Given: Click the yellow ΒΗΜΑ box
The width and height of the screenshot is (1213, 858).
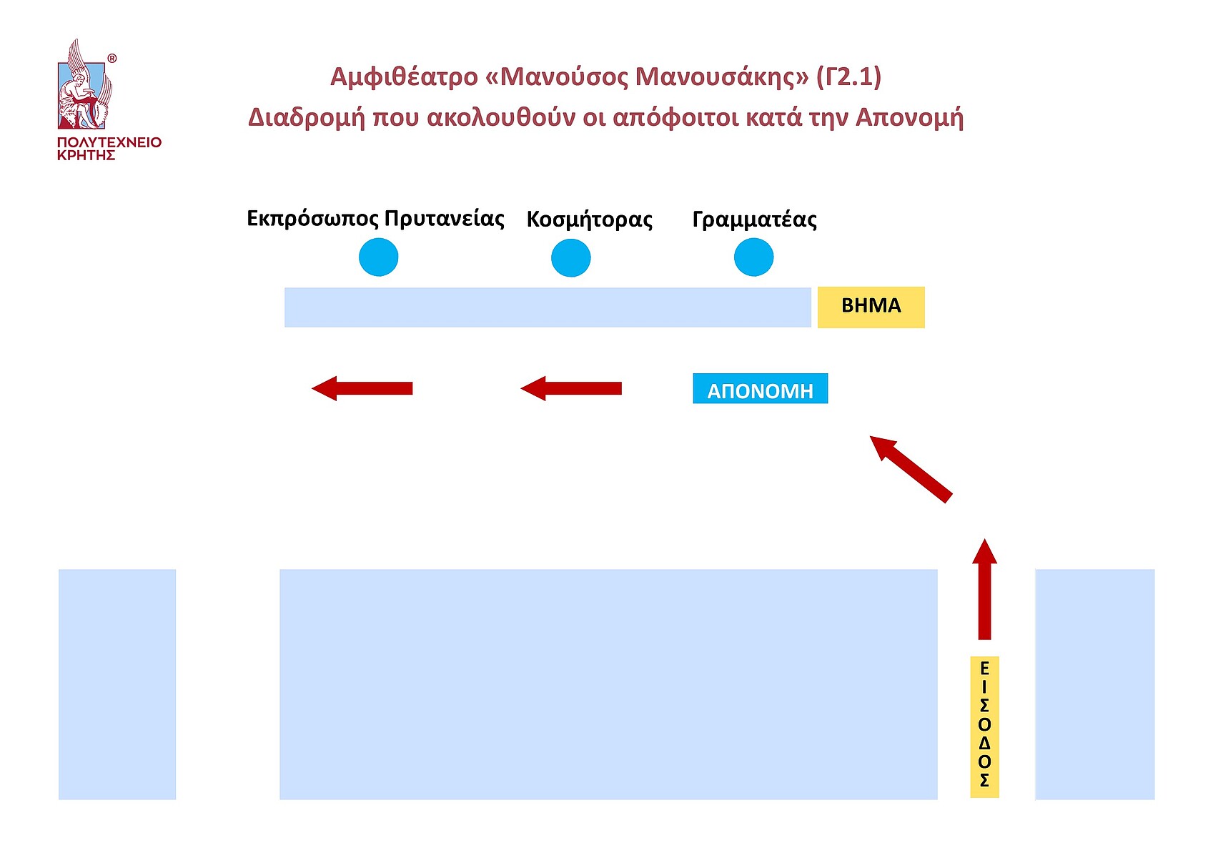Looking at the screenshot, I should (x=871, y=307).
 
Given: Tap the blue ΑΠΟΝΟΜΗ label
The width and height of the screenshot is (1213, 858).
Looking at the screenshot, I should (x=760, y=390).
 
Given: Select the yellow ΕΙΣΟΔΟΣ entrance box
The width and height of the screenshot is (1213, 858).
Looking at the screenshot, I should (x=984, y=726).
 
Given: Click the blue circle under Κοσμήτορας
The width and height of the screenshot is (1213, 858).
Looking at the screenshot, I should (x=570, y=257).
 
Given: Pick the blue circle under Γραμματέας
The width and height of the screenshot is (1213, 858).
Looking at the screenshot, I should (x=753, y=257).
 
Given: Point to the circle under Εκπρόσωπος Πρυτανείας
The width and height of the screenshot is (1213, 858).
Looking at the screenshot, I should (x=378, y=257).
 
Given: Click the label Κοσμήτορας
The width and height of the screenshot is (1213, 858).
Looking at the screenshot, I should (x=589, y=219).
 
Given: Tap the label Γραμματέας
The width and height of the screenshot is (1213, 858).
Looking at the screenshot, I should (x=754, y=219).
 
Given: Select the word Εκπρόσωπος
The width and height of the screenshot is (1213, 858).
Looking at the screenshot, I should (x=312, y=219).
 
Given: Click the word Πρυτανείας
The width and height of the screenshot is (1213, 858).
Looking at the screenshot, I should (x=444, y=218).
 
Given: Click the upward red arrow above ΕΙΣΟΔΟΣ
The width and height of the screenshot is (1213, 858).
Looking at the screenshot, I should (x=984, y=590).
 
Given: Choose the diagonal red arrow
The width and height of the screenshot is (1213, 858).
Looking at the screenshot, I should (x=911, y=468).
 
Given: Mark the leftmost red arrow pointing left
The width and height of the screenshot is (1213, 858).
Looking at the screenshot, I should (x=362, y=388).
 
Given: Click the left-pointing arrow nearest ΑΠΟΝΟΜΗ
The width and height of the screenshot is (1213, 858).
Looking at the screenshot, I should (x=571, y=388).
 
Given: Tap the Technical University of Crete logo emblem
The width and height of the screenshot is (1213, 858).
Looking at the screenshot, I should (x=84, y=86).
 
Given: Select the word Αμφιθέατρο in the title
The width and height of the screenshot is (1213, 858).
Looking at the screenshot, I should (x=404, y=77).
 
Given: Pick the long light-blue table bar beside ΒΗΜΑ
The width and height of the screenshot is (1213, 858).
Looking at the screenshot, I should (x=548, y=307).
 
